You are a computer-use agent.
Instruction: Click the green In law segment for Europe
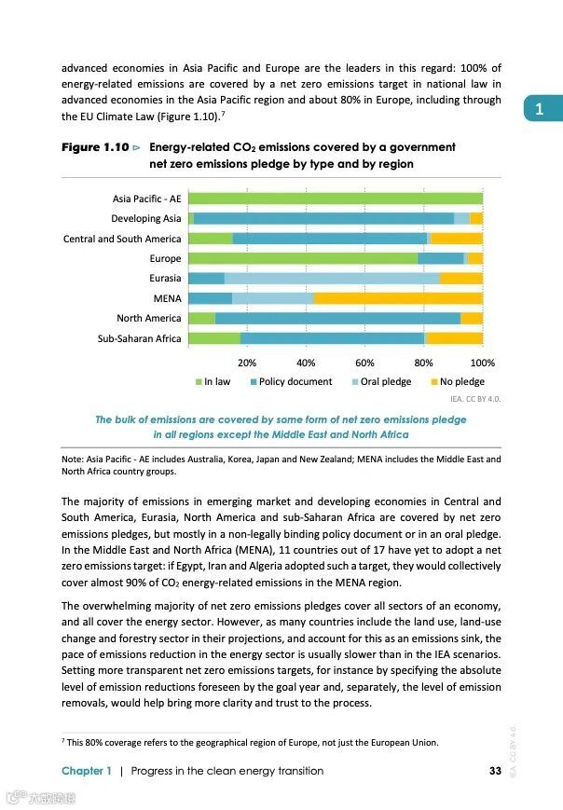pos(303,258)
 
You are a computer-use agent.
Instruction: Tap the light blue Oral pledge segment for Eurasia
pos(332,278)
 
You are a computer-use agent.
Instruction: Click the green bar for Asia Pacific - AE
pos(336,198)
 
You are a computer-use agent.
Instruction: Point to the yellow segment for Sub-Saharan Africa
pos(453,338)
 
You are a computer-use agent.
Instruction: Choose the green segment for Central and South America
pos(211,239)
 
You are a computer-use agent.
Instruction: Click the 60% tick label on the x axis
pos(364,363)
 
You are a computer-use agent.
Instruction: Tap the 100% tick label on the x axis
pos(482,363)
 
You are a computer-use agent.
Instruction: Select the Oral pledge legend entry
pos(381,382)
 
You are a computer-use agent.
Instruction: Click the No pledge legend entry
pos(457,382)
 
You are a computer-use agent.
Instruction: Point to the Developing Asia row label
pos(146,218)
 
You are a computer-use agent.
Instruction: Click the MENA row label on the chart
pos(167,298)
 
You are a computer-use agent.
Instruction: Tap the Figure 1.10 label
pos(94,147)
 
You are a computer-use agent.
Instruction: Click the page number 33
pos(495,771)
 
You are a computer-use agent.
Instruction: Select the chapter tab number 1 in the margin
pos(539,109)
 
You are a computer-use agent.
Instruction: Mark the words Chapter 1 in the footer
pos(87,771)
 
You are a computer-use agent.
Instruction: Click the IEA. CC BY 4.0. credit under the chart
pos(475,399)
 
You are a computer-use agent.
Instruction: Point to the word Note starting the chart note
pos(72,459)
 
